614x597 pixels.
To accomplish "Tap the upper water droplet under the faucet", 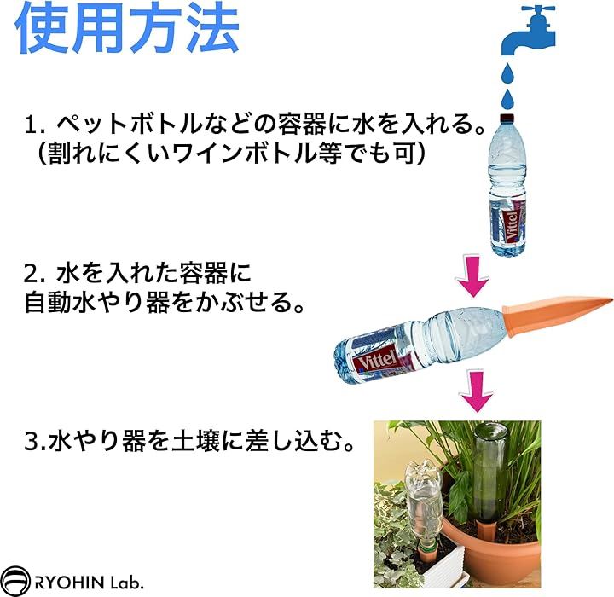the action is coord(508,74).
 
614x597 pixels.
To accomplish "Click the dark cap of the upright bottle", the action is coord(507,117).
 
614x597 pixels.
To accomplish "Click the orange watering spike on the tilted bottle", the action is coord(556,313).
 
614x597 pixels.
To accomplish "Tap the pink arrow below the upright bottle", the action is coord(472,275).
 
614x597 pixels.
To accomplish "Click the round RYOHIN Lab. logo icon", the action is coord(14,582).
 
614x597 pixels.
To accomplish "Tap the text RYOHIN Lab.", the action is coord(89,583).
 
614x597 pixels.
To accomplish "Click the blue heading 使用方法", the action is coord(128,28).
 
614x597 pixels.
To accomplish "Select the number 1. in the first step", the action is coord(36,125).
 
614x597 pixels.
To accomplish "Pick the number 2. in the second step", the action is coord(36,274).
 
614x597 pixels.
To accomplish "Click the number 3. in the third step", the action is coord(35,441).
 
